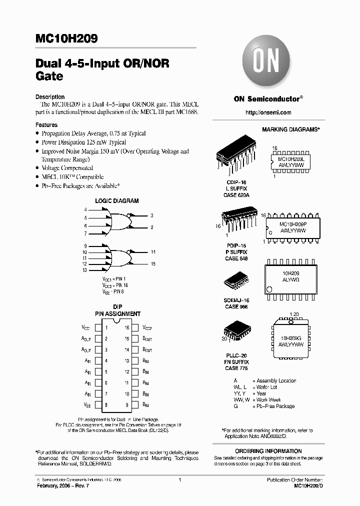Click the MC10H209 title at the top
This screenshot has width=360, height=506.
[66, 38]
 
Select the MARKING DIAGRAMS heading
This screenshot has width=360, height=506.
[291, 129]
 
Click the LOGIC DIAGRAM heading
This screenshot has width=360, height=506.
[117, 200]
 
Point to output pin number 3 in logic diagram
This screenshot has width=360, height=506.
[152, 215]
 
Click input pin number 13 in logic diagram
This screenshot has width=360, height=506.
[85, 270]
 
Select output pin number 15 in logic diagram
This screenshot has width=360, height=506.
[153, 263]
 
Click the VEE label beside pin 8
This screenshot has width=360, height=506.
[87, 404]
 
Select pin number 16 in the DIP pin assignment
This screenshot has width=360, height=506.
[127, 328]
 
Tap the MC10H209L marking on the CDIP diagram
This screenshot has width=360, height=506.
[294, 157]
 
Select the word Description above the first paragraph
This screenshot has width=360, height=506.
[49, 97]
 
